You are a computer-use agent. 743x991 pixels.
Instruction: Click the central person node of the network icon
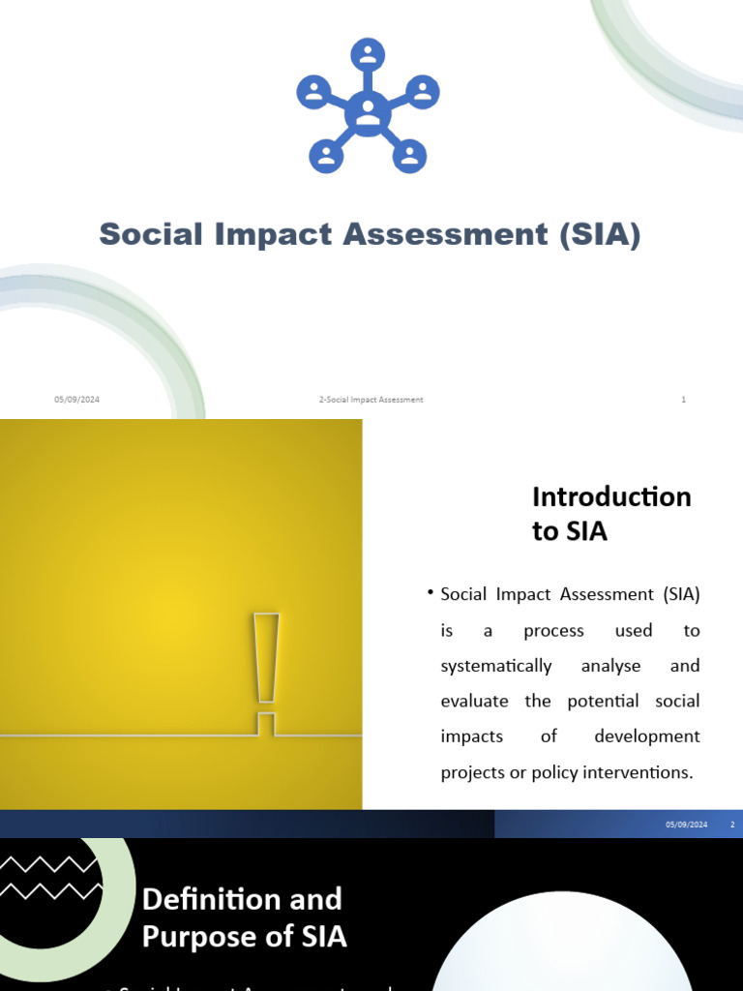click(368, 114)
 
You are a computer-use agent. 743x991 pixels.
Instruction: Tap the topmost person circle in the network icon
click(368, 54)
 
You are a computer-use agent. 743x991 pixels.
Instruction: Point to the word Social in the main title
click(150, 234)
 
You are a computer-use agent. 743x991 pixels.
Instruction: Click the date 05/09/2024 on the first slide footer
click(76, 400)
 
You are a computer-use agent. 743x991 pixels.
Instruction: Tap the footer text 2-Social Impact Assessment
click(371, 400)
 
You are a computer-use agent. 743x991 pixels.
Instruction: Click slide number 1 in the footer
click(684, 400)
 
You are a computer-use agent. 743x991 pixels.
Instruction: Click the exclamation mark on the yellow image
click(266, 668)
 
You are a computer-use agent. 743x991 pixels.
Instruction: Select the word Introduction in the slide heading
click(611, 496)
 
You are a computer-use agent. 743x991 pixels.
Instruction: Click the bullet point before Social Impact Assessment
click(429, 592)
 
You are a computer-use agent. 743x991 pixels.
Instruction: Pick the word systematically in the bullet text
click(495, 666)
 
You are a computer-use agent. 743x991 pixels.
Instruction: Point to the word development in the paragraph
click(646, 736)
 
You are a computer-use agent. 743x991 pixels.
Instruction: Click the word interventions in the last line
click(646, 772)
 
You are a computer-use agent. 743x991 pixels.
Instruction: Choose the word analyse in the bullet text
click(610, 666)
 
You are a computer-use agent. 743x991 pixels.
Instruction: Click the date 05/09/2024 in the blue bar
click(686, 825)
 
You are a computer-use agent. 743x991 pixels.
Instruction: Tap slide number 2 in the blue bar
click(732, 825)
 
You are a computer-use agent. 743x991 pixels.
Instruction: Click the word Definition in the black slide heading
click(205, 899)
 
